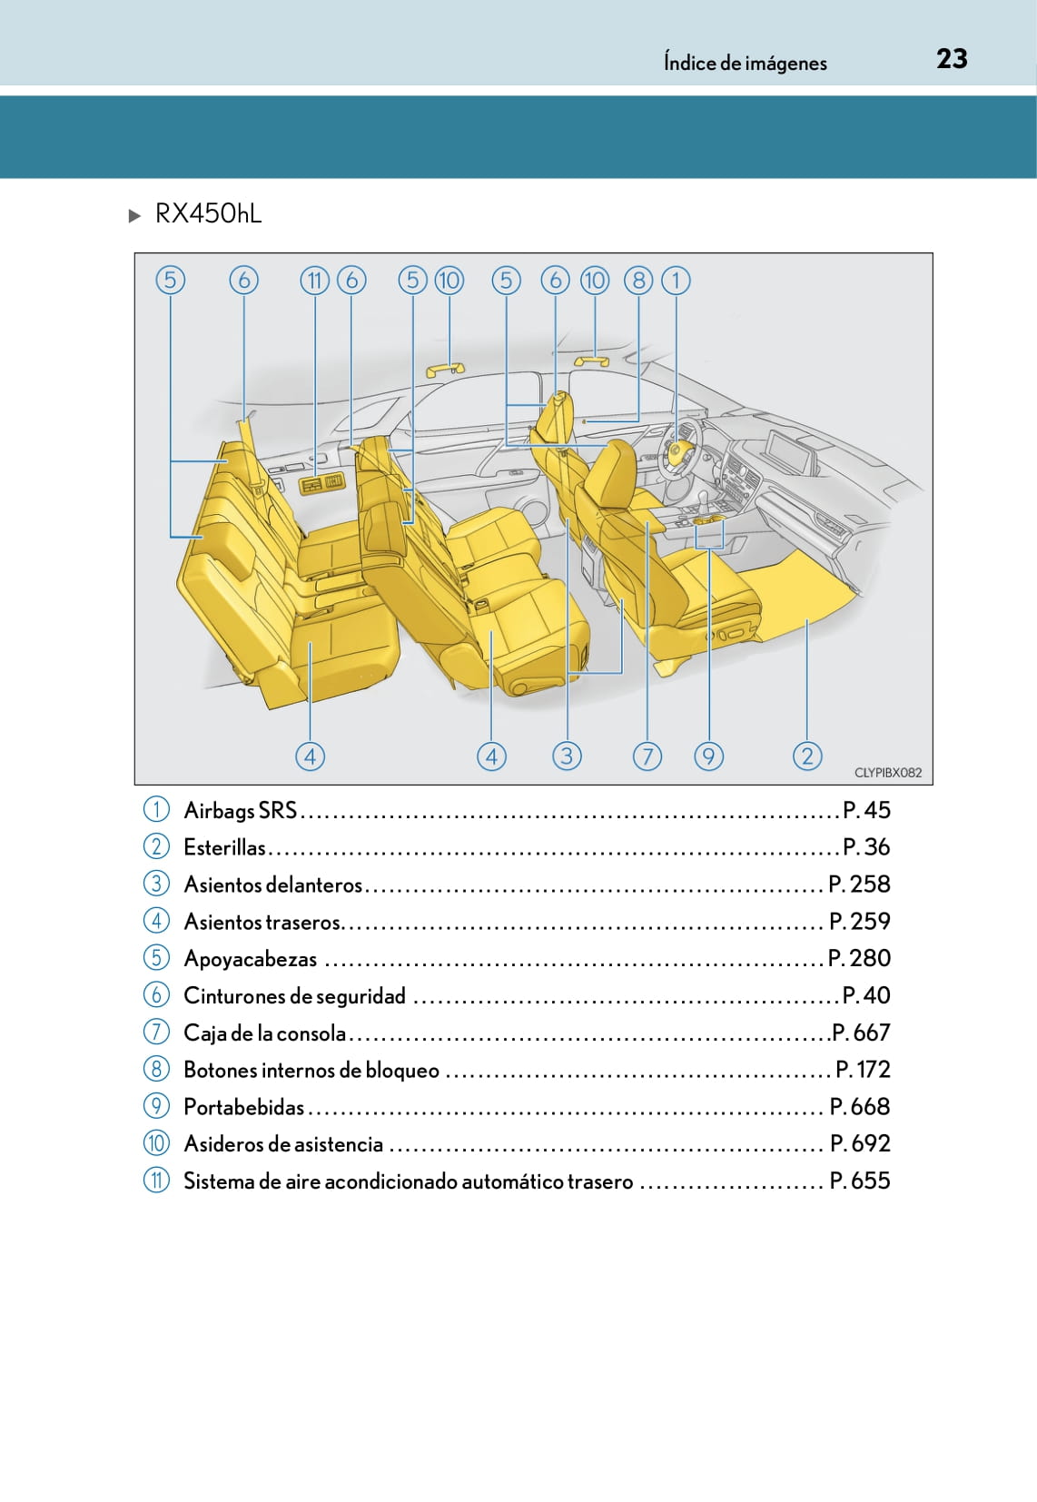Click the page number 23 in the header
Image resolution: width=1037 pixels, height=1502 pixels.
[952, 59]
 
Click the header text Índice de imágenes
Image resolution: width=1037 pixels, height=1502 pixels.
[745, 63]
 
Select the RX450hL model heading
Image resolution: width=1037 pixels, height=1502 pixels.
[208, 213]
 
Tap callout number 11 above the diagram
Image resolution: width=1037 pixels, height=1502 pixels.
[314, 281]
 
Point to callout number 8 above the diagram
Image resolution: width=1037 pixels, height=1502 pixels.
[638, 281]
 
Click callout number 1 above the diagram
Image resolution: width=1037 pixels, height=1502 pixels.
[676, 281]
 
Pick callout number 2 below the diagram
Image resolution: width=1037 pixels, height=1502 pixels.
[807, 756]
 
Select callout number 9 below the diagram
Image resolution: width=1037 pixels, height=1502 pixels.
[708, 756]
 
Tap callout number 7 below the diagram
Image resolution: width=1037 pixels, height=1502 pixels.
[647, 756]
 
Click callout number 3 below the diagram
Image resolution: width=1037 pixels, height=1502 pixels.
[567, 756]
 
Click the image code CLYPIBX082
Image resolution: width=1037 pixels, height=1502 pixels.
[887, 773]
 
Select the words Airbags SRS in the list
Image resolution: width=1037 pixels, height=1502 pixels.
[240, 810]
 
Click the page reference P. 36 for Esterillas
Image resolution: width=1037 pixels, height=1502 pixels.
[866, 847]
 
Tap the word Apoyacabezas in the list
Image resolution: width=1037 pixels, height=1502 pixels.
[250, 959]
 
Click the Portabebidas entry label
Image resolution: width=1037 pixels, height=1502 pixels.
[243, 1107]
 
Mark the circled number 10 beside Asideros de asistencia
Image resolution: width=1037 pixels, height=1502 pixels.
[156, 1143]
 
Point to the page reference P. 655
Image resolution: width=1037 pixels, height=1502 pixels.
[860, 1181]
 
